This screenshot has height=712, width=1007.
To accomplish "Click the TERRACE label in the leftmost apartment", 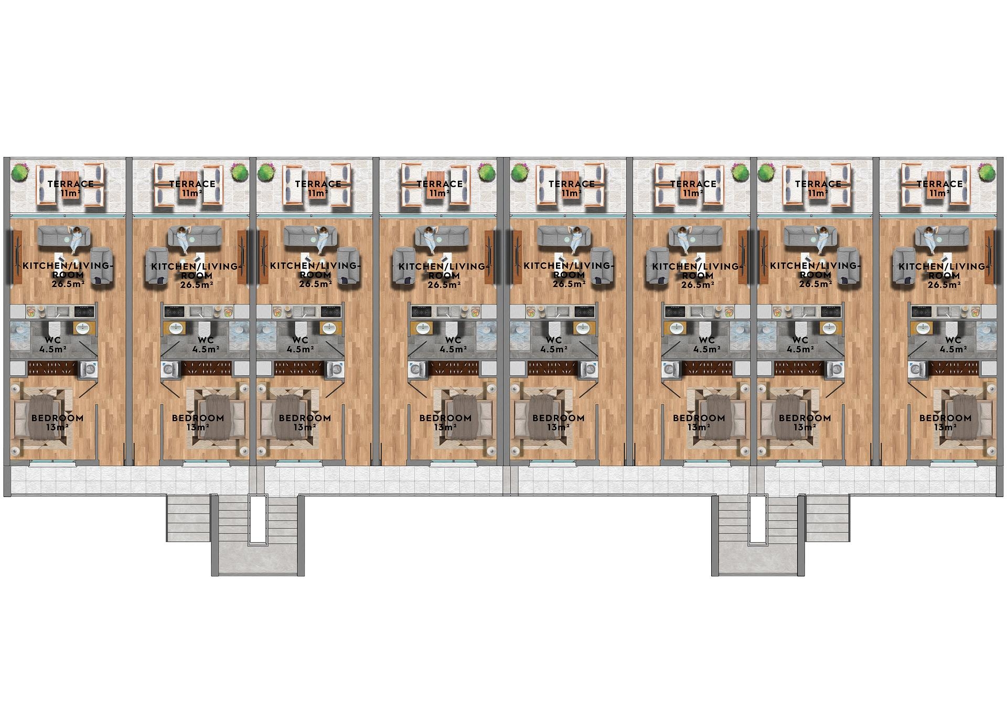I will point(70,184).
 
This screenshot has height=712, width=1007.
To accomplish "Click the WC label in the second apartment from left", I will point(201,340).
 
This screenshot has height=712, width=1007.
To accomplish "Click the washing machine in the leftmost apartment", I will point(87,370).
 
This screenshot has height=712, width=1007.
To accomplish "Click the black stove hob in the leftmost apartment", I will point(84,311).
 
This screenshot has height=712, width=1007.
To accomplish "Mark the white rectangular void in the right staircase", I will point(757,518).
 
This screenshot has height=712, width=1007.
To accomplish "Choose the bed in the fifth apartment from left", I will point(538,416).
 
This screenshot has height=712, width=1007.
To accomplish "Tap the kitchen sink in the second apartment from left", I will point(199,311).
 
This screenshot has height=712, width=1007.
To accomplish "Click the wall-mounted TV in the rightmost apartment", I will point(990,256).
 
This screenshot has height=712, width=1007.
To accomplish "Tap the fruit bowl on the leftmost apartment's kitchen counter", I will point(32,311).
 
